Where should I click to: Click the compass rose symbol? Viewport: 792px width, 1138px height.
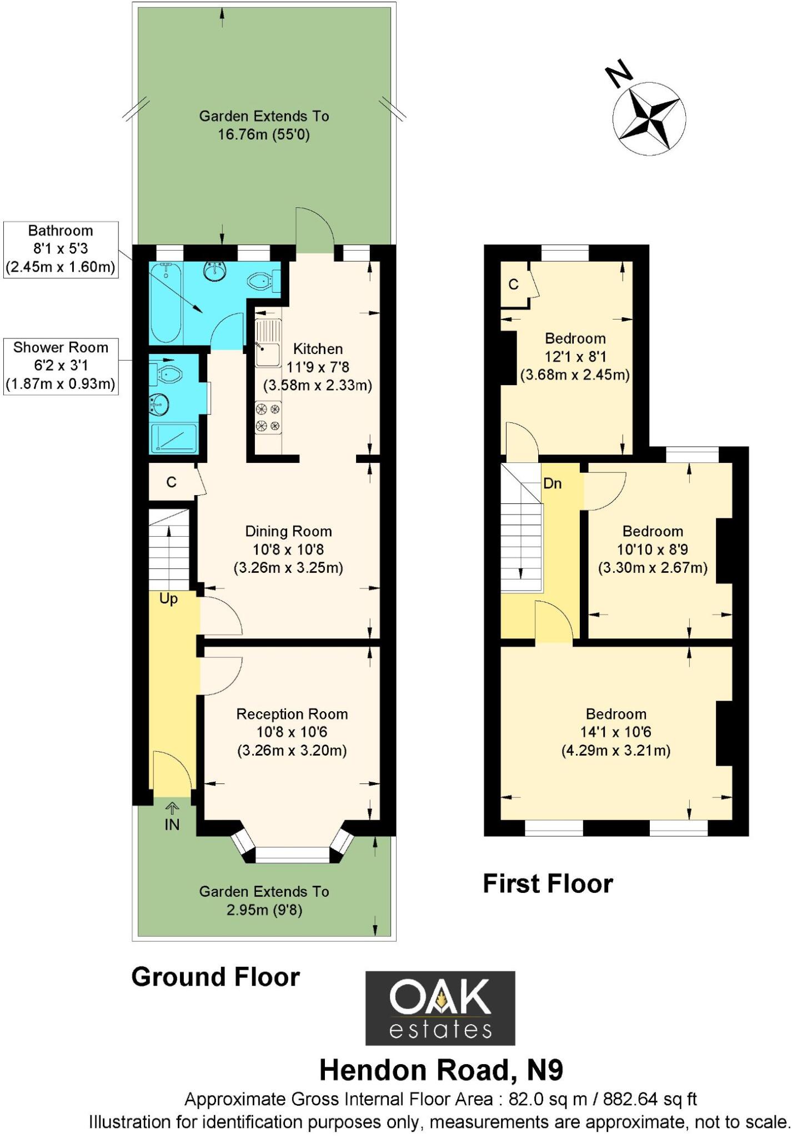coord(649,118)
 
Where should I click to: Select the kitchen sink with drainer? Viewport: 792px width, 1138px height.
coord(268,344)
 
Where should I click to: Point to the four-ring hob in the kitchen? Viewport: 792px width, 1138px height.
coord(268,418)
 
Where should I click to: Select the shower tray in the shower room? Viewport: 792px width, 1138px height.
coord(174,439)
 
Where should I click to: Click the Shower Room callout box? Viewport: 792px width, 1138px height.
coord(61,366)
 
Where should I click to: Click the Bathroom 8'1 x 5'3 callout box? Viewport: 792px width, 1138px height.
coord(61,249)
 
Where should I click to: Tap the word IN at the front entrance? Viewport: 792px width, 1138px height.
coord(172,825)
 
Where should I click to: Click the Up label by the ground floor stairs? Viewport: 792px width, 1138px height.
coord(168,599)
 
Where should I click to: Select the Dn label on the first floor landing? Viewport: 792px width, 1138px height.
coord(552,483)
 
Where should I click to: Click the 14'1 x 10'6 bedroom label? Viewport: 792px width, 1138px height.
coord(616,732)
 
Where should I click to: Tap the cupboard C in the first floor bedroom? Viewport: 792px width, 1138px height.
coord(514,284)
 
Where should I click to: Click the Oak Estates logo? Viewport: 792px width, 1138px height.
coord(440,1009)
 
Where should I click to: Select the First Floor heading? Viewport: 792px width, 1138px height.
coord(548,884)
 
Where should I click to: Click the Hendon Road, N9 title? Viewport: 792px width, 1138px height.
coord(441,1070)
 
